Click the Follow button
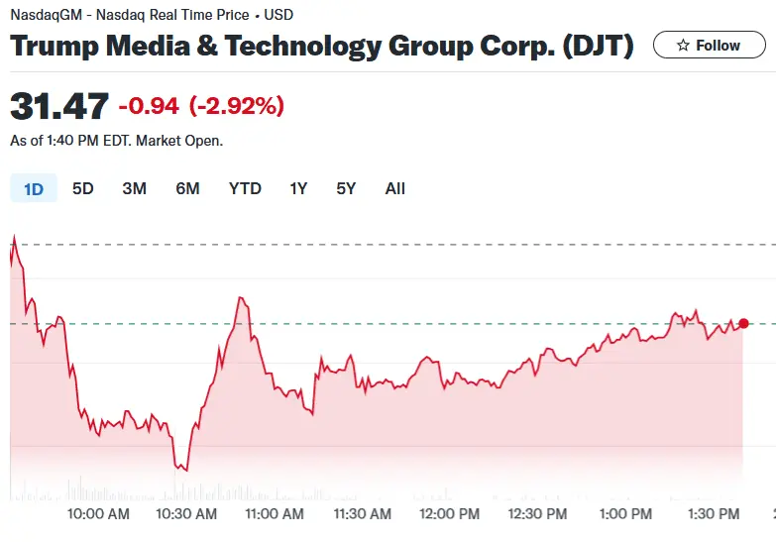709,46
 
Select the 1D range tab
34,188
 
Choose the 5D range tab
83,188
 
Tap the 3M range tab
135,188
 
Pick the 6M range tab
187,188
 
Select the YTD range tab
245,188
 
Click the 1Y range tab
298,188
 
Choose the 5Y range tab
346,188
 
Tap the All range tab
395,188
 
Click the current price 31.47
58,106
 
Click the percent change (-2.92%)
238,106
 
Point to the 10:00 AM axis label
98,514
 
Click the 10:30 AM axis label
186,514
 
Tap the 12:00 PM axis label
450,514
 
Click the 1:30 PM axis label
714,514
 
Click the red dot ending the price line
743,323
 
